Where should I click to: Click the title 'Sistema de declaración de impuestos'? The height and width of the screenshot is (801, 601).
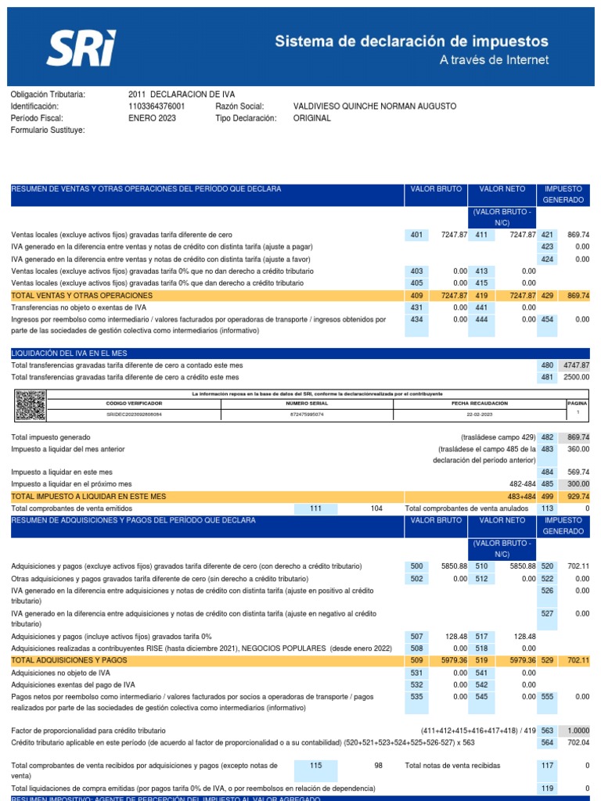(411, 41)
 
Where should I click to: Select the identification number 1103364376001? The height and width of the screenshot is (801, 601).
(157, 106)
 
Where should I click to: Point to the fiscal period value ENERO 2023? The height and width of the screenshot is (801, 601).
(152, 118)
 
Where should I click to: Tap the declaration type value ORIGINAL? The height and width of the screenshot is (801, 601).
(311, 118)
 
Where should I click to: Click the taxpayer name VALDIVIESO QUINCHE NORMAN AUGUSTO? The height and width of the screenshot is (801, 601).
(374, 106)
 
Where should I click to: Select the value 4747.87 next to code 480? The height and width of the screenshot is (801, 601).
(575, 365)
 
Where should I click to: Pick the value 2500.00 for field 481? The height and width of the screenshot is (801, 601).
(575, 377)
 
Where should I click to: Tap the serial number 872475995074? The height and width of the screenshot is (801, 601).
(306, 415)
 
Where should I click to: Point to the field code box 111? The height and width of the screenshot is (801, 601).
(315, 508)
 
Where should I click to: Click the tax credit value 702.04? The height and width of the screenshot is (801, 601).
(578, 742)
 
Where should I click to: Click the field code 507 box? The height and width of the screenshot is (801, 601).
(416, 637)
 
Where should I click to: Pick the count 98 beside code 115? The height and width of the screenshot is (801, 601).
(377, 765)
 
